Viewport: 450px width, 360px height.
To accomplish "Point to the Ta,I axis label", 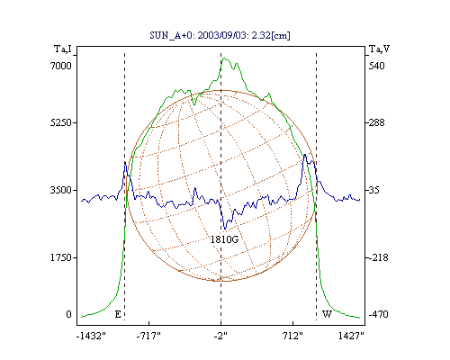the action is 63,49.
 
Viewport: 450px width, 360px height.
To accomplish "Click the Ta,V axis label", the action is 379,49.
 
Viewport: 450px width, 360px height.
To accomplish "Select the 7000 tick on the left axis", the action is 61,66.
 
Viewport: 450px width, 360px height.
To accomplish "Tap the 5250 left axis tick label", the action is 61,122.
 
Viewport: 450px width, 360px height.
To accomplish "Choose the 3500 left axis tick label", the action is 61,190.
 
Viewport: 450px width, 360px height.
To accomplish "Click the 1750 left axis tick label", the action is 61,257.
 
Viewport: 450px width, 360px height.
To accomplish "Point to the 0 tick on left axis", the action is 68,314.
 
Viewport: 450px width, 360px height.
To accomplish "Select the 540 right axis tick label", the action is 376,66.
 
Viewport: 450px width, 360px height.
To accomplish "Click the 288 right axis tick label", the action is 376,122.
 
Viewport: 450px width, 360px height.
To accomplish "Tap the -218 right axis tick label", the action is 378,257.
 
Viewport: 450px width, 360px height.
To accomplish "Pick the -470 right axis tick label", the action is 378,314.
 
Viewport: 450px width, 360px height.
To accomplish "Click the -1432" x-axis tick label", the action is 91,336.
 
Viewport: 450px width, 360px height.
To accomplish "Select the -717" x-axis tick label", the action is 148,336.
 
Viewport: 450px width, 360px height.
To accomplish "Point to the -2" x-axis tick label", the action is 220,336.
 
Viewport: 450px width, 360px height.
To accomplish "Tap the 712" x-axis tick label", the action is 292,336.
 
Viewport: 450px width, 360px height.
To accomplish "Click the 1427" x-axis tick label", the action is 351,336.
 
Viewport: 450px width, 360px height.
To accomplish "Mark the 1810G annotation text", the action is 224,239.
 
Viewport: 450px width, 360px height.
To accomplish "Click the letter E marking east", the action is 118,314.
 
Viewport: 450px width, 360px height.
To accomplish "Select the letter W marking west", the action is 327,314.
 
